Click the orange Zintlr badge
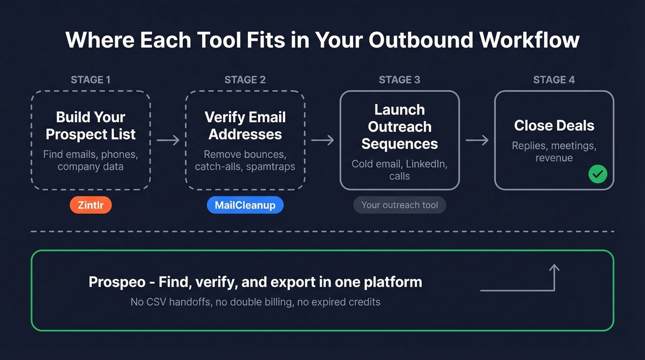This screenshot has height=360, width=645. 91,205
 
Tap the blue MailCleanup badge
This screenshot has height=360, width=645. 245,205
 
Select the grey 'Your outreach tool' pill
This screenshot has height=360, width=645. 399,205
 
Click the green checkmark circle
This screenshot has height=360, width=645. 598,174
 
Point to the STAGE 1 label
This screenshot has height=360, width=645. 91,80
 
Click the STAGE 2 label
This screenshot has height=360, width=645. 245,80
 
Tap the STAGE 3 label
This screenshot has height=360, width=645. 399,80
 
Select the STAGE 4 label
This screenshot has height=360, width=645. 554,80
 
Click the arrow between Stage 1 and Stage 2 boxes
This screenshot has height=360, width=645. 168,140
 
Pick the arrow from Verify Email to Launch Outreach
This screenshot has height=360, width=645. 322,140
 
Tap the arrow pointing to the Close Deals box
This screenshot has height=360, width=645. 477,140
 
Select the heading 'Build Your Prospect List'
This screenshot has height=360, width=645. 91,125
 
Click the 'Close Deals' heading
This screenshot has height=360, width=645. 554,125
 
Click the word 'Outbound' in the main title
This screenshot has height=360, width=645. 421,40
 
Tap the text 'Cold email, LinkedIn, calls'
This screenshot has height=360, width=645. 399,170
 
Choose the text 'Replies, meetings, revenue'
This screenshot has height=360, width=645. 554,152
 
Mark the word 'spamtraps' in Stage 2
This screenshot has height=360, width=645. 270,166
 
